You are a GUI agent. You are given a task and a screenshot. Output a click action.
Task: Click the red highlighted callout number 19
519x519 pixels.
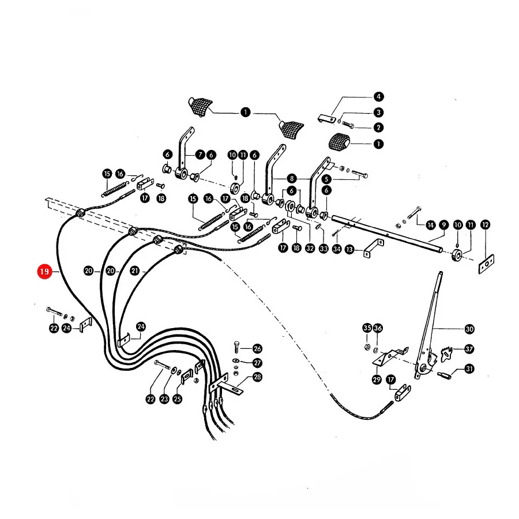(x=44, y=272)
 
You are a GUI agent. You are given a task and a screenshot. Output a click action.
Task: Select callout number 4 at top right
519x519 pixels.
(x=378, y=97)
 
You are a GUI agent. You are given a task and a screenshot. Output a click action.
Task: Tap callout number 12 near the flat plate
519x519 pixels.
(x=485, y=225)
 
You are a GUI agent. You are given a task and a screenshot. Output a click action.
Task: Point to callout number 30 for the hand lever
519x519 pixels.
(x=469, y=329)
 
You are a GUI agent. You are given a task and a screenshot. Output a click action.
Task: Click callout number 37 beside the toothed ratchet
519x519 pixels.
(x=469, y=349)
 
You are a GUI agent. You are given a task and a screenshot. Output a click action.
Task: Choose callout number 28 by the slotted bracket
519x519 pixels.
(x=257, y=377)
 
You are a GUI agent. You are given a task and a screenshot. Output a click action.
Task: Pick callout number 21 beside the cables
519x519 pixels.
(x=135, y=271)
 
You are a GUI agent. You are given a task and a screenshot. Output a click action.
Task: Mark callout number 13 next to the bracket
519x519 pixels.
(x=349, y=249)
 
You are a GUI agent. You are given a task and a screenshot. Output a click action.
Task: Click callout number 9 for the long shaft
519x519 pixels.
(x=443, y=225)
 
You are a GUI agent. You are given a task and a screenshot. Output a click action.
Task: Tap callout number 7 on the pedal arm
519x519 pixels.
(x=200, y=155)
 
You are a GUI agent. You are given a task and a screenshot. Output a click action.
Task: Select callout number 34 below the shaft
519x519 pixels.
(x=337, y=249)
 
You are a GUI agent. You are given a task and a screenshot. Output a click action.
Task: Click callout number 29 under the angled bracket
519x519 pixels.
(x=377, y=379)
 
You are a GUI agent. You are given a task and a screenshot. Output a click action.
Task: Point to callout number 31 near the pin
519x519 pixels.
(x=469, y=368)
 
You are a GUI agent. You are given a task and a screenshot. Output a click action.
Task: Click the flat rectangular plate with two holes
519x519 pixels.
(x=486, y=264)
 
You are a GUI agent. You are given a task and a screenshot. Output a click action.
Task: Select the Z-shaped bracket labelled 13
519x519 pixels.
(x=373, y=247)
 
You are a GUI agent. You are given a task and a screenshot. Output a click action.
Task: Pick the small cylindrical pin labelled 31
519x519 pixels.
(x=444, y=375)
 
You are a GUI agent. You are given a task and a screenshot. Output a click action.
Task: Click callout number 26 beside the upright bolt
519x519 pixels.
(x=257, y=348)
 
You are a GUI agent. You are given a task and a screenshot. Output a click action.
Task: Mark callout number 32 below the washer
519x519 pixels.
(x=310, y=248)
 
